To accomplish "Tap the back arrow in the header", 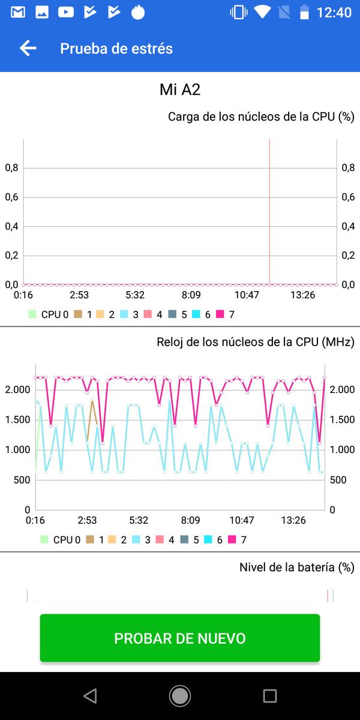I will (28, 49).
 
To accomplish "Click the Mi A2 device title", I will (180, 90).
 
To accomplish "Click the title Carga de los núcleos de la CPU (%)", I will (261, 116).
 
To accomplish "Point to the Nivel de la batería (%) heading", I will (296, 567).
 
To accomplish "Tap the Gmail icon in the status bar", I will (18, 12).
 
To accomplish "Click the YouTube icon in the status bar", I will (66, 12).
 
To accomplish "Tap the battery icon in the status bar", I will (305, 12).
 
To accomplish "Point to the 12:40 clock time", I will (334, 12).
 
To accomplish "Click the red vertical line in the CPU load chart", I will (269, 210).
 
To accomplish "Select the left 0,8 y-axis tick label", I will (11, 168).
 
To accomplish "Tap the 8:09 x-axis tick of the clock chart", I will (190, 520).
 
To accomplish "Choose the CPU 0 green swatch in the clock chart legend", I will (44, 539).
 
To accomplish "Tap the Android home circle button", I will (180, 695).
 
